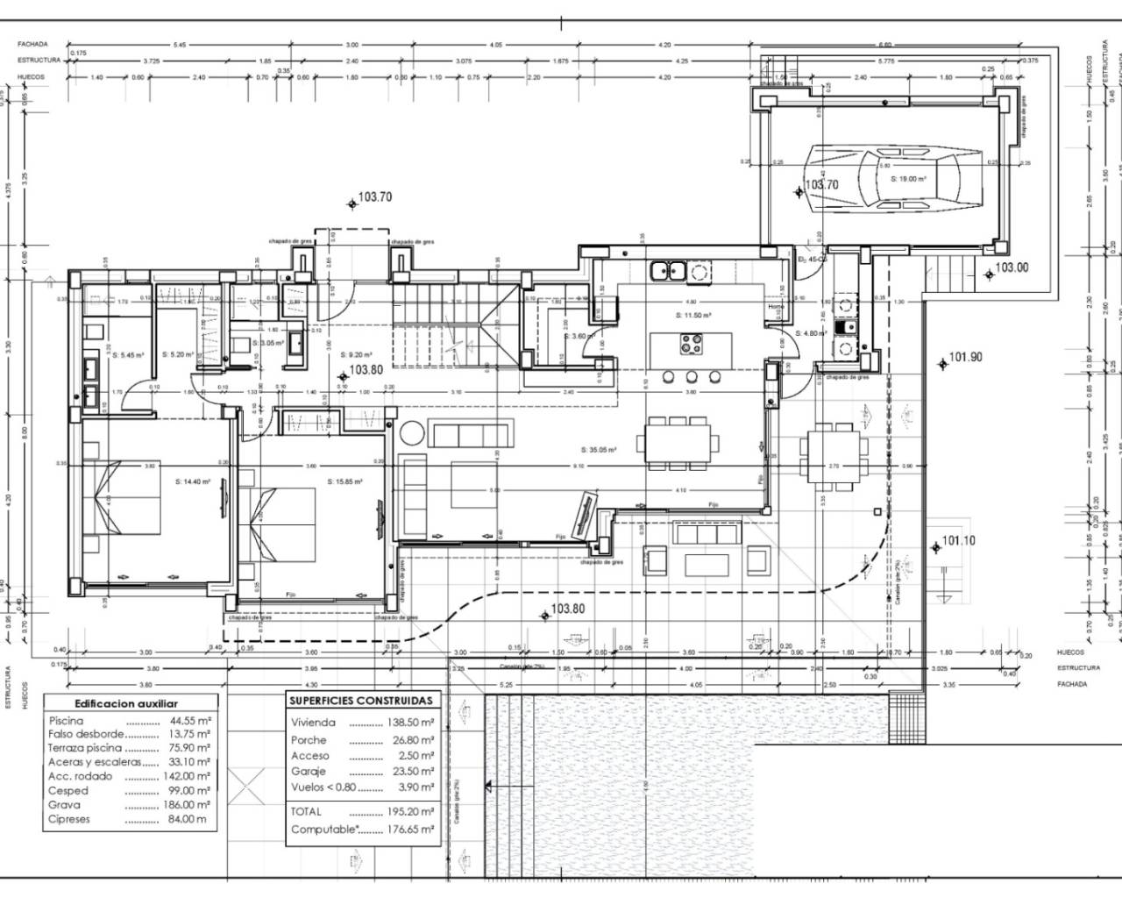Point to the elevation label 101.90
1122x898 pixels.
[964, 357]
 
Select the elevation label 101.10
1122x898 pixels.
[958, 541]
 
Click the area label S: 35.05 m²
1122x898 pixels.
[599, 450]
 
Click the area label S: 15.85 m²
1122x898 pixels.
[344, 481]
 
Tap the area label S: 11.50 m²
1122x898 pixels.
[692, 314]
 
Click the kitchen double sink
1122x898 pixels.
[667, 270]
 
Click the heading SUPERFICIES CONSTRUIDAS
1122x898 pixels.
[360, 701]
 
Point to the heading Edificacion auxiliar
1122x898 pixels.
[126, 703]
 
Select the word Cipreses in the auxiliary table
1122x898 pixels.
[70, 819]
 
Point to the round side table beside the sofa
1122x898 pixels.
[410, 433]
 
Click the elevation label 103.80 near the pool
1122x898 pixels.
[567, 609]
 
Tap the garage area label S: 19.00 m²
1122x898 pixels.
[909, 178]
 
